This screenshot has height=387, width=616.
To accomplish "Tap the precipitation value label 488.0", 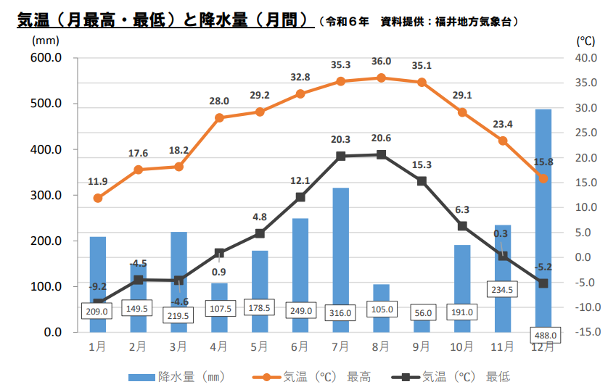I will click(x=543, y=336).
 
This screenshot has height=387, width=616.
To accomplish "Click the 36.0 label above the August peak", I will click(x=382, y=62).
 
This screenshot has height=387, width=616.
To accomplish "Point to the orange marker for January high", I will click(x=98, y=198).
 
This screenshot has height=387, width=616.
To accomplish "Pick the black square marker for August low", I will click(x=382, y=154).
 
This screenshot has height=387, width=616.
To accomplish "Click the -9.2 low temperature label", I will click(x=98, y=286).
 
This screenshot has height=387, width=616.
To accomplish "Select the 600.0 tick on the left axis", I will click(x=46, y=58).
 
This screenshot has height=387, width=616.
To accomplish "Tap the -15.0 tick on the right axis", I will click(x=586, y=332).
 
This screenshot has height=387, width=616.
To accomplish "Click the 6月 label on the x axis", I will click(x=300, y=346).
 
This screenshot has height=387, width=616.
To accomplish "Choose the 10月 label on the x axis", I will click(x=462, y=346).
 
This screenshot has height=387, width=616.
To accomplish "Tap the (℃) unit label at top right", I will click(x=586, y=41).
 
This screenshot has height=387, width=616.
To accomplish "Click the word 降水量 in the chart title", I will click(x=234, y=20).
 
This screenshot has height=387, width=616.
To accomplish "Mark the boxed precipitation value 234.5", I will click(x=503, y=289).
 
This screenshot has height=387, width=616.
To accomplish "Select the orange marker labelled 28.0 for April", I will click(x=219, y=117).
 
